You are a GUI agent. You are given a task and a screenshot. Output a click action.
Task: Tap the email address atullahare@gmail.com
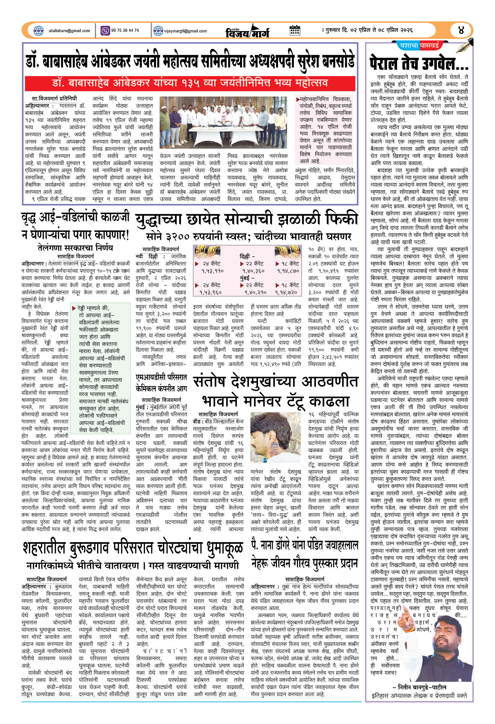coord(69,31)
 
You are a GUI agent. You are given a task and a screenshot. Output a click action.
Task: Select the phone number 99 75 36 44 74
coord(125,30)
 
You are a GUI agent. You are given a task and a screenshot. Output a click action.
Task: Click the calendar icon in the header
coord(294,30)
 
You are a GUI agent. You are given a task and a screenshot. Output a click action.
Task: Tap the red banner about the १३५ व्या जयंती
coord(190,83)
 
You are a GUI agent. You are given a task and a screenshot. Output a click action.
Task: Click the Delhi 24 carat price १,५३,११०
coord(212,271)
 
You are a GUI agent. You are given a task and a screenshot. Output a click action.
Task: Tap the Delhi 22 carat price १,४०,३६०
coord(253,271)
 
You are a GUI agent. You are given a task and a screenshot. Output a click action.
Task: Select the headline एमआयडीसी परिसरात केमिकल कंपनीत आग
coord(161,383)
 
